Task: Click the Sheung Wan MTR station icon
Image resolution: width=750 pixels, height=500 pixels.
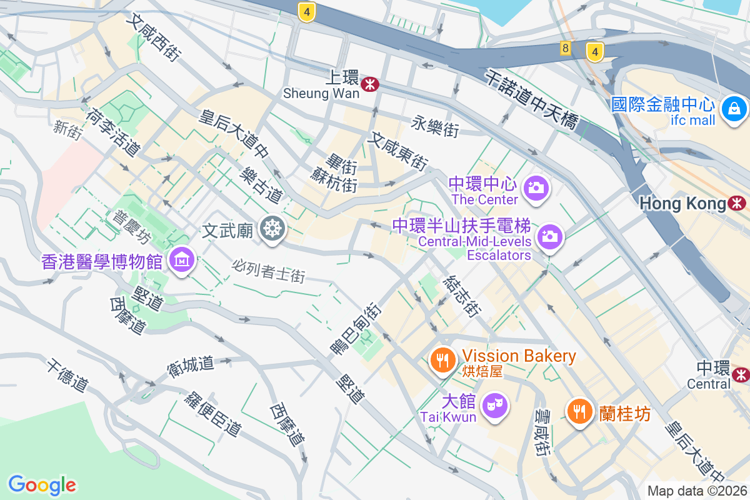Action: tap(370, 84)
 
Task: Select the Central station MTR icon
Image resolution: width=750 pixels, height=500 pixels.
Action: tap(741, 374)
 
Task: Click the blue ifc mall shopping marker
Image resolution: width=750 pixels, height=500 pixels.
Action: tap(734, 109)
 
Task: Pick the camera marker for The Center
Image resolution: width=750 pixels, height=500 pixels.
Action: tap(535, 187)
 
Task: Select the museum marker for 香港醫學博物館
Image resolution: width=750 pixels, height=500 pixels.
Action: tap(182, 258)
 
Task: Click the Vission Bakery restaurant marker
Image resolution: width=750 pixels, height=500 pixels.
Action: tap(443, 360)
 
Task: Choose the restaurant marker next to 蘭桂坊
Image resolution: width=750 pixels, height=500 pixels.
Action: tap(580, 411)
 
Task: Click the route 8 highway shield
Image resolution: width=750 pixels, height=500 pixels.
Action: tap(565, 48)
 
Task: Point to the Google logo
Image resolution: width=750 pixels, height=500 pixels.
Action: tap(42, 484)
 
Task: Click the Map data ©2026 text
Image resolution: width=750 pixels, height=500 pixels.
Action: tap(696, 491)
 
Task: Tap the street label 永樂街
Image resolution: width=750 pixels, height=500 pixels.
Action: tap(435, 126)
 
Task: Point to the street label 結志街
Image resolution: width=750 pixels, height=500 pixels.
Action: tap(461, 296)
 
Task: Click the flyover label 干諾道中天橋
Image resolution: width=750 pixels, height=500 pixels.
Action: tap(531, 101)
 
